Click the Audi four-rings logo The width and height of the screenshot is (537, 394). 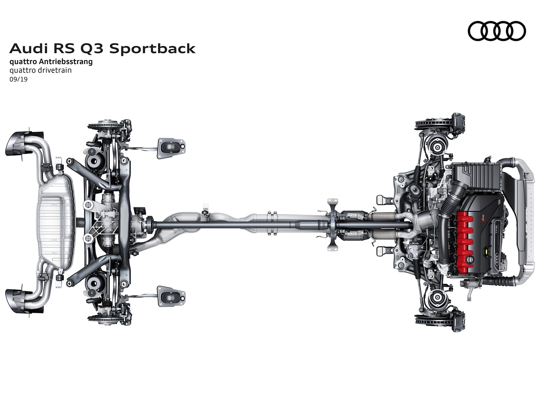[x=497, y=31]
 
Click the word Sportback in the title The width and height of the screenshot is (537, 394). [x=152, y=49]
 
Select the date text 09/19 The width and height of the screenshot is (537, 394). [x=18, y=80]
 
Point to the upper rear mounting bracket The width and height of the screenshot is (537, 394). [x=171, y=148]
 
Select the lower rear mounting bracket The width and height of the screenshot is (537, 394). [x=171, y=296]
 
